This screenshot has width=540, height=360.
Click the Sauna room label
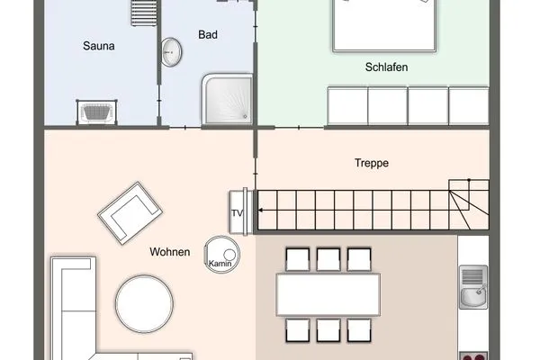point(98,45)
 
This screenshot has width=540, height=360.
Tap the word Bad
point(209,35)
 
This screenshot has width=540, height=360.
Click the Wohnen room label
point(169,252)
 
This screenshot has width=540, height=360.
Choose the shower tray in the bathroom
point(229,98)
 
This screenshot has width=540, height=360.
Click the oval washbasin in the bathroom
point(170,53)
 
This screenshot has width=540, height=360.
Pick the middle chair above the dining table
point(328,259)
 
